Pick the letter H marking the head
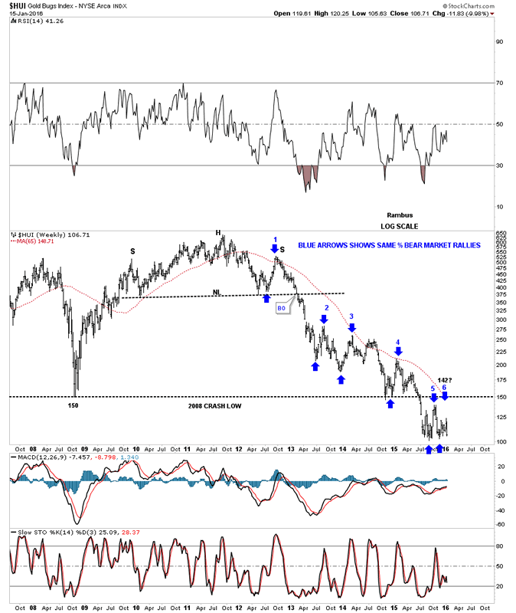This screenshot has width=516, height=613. click(217, 233)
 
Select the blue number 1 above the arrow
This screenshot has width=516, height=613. click(275, 239)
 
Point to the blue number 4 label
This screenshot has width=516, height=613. click(397, 342)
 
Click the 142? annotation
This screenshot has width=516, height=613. click(446, 379)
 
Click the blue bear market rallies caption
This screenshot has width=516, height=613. click(389, 245)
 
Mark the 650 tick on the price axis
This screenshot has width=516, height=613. click(501, 233)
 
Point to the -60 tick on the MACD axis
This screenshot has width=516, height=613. click(499, 525)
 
